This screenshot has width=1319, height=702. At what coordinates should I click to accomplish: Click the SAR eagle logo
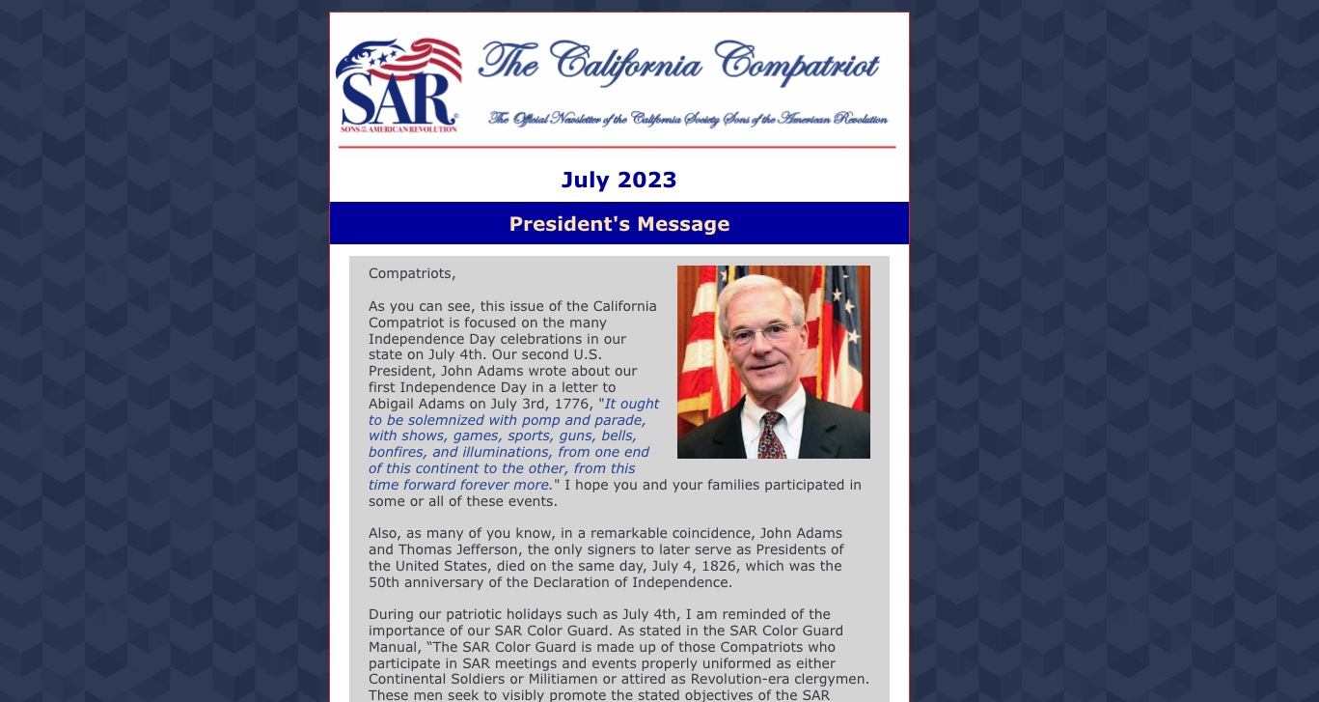(398, 85)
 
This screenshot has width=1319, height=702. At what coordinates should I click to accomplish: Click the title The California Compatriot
(678, 65)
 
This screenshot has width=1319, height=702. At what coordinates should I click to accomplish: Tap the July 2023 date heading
(618, 180)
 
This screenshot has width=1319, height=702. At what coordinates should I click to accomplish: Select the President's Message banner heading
(618, 224)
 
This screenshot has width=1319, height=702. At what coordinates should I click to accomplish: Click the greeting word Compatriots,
(412, 273)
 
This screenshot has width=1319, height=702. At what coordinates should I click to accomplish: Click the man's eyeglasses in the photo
(763, 334)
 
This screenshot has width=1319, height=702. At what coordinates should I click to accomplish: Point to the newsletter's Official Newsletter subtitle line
(688, 119)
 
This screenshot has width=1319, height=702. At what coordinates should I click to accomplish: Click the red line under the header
(618, 148)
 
